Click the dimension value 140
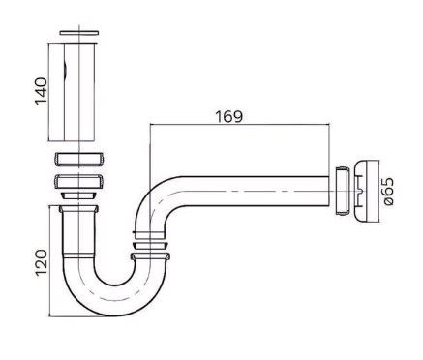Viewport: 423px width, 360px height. click(x=42, y=91)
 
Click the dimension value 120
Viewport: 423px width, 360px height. click(x=42, y=262)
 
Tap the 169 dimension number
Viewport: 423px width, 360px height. click(x=228, y=116)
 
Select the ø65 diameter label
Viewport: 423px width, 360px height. click(x=388, y=192)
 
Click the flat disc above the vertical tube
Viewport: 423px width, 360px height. click(x=78, y=33)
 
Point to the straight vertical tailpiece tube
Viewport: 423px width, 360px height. click(x=78, y=92)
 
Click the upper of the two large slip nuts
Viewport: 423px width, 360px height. click(x=78, y=160)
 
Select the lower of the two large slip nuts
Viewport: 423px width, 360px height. click(x=78, y=182)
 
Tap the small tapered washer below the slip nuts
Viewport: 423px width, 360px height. click(x=78, y=195)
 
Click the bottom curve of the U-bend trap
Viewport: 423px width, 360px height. click(x=113, y=301)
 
